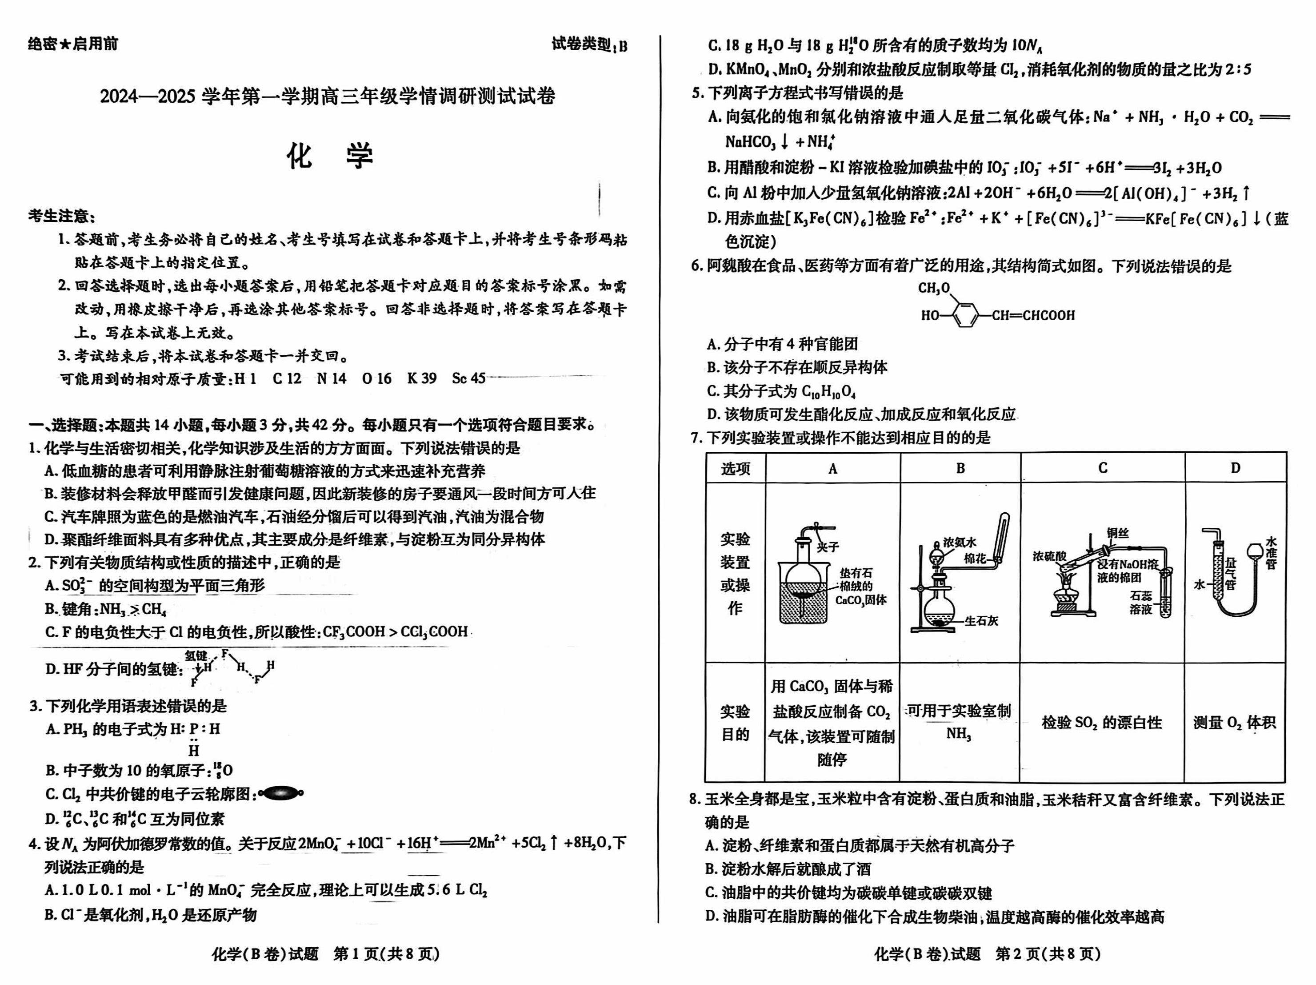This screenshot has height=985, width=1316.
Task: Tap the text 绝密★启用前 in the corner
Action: coord(72,44)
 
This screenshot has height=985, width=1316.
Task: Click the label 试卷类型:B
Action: coord(589,44)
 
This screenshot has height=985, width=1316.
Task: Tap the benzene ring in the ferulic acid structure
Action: coord(964,315)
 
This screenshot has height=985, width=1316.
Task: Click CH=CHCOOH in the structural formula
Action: coord(1033,315)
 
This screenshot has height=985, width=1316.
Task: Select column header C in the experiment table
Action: coord(1102,468)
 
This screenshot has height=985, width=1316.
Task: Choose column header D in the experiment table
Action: coord(1235,468)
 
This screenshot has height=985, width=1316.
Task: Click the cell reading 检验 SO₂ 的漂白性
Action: coord(1102,723)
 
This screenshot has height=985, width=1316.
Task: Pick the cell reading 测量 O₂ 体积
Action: coord(1235,723)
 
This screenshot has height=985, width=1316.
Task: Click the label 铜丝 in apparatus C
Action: coord(1117,533)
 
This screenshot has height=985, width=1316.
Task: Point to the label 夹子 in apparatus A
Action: coord(828,547)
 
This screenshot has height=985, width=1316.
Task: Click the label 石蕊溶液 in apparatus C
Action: coord(1140,602)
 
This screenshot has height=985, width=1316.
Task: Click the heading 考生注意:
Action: coord(62,216)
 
